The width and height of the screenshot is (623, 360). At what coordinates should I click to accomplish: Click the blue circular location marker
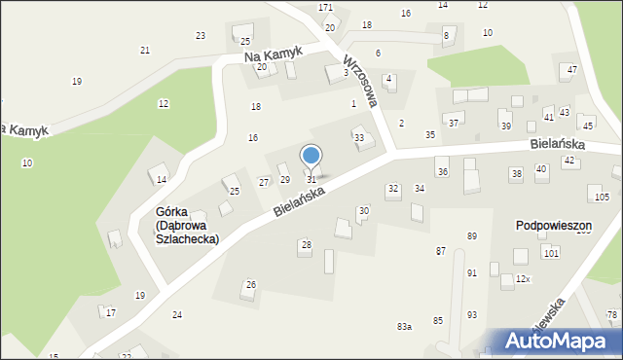(311, 156)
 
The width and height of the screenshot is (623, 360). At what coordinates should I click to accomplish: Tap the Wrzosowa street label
(359, 80)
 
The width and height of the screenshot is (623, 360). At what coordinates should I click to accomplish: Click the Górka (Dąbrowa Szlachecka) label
(187, 225)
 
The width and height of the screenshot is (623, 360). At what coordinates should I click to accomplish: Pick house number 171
(325, 8)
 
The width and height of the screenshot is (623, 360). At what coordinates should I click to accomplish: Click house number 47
(572, 69)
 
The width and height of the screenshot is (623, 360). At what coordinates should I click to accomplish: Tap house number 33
(359, 138)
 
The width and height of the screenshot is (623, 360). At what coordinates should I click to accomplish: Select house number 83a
(404, 327)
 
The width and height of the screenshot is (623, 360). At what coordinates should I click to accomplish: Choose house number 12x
(523, 279)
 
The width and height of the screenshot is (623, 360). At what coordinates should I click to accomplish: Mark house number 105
(602, 198)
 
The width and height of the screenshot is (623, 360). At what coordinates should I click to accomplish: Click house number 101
(551, 253)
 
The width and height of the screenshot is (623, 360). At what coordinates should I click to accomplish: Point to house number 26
(250, 284)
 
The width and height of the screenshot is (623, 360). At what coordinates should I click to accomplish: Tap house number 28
(306, 244)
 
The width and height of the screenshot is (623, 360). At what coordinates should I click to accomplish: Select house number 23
(201, 36)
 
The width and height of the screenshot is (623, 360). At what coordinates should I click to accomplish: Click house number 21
(145, 51)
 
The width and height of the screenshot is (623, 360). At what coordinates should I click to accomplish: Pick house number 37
(454, 124)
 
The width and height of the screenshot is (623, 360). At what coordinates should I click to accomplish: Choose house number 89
(472, 236)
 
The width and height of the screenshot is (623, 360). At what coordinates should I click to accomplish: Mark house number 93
(472, 314)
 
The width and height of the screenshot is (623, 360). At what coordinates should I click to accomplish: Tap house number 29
(285, 180)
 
